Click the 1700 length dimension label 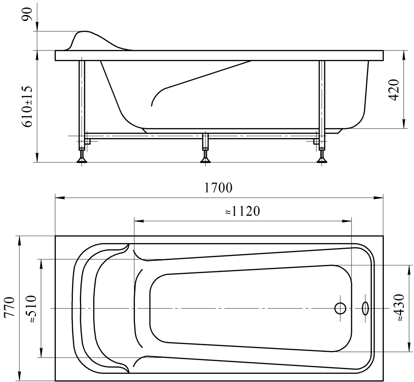pyautogui.click(x=219, y=188)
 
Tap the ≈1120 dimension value pyautogui.click(x=242, y=211)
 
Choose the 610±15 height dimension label pyautogui.click(x=28, y=106)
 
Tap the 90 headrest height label pyautogui.click(x=28, y=14)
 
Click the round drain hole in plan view pyautogui.click(x=340, y=308)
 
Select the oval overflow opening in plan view pyautogui.click(x=366, y=308)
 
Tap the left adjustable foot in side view pyautogui.click(x=82, y=156)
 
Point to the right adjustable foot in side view pyautogui.click(x=322, y=156)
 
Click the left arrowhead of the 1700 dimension pyautogui.click(x=59, y=198)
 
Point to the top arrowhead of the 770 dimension pyautogui.click(x=19, y=240)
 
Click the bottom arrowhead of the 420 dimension pyautogui.click(x=404, y=124)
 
